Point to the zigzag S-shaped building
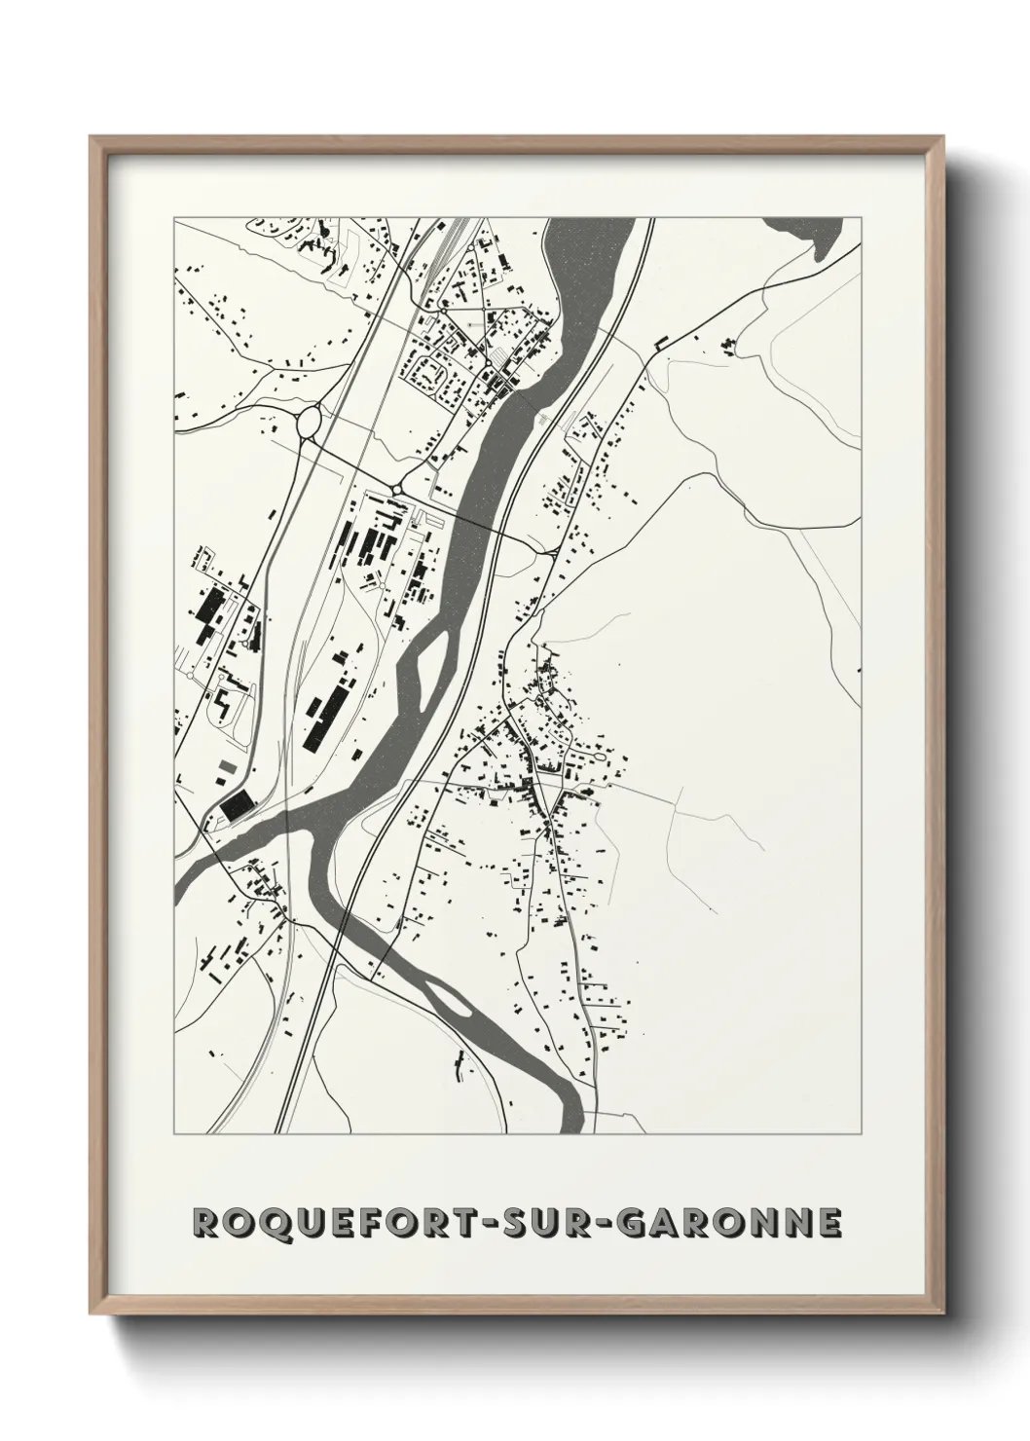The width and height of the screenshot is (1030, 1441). (x=223, y=701)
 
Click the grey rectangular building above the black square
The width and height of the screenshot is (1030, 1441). (x=226, y=772)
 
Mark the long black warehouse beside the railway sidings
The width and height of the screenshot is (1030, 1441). (x=325, y=715)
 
